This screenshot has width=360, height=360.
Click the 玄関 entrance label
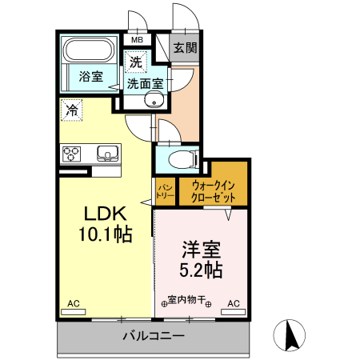[186, 47]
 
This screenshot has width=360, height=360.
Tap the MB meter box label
[137, 39]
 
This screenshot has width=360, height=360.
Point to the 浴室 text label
[90, 77]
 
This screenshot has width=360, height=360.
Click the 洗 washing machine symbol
[135, 60]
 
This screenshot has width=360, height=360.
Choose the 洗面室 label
[146, 82]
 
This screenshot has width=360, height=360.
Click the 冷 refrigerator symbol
[71, 110]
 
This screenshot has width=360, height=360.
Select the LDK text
[105, 214]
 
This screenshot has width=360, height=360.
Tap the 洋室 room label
[202, 249]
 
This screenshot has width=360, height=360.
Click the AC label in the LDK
[74, 303]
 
